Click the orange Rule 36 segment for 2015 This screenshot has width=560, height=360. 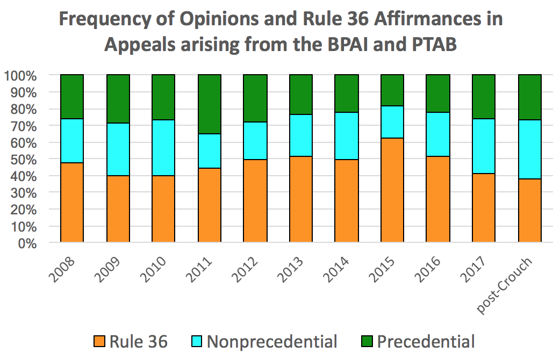(x=392, y=190)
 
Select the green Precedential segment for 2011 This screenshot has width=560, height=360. (x=209, y=104)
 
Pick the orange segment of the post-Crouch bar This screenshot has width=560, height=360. (x=529, y=211)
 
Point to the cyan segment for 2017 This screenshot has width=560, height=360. (x=483, y=146)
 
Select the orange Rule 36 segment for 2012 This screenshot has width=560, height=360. (x=255, y=201)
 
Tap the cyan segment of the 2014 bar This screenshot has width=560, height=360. (x=346, y=136)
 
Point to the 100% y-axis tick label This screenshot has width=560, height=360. (x=20, y=76)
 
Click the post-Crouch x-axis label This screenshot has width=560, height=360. (x=506, y=285)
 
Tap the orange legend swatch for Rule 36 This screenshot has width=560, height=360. (x=99, y=342)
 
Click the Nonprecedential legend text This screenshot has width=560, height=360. (x=272, y=342)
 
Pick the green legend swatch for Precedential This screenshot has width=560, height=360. (x=367, y=342)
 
